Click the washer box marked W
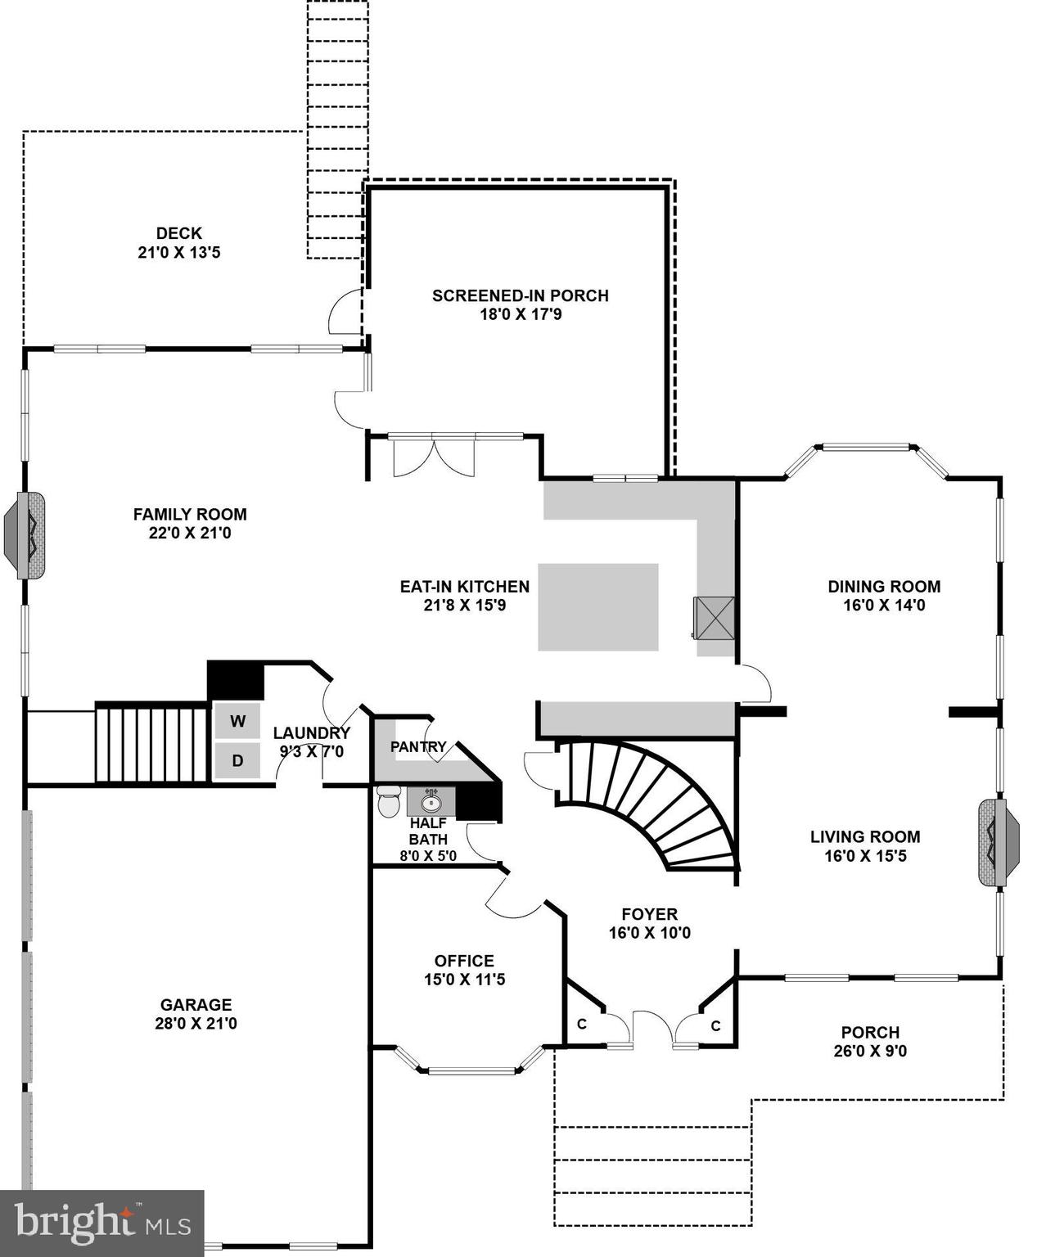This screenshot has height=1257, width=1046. pyautogui.click(x=237, y=721)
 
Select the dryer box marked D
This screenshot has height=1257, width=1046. pyautogui.click(x=237, y=760)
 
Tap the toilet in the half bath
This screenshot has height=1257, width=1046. pyautogui.click(x=389, y=801)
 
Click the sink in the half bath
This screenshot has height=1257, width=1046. pyautogui.click(x=431, y=801)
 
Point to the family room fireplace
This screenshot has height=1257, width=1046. pyautogui.click(x=25, y=536)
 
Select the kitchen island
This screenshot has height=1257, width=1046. pyautogui.click(x=597, y=606)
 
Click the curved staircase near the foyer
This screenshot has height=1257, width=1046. pyautogui.click(x=655, y=802)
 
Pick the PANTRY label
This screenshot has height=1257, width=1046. pyautogui.click(x=418, y=746)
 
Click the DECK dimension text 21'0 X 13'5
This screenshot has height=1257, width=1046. pyautogui.click(x=178, y=253)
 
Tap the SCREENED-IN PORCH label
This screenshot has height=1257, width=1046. pyautogui.click(x=520, y=295)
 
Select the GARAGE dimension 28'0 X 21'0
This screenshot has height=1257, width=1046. pyautogui.click(x=196, y=1023)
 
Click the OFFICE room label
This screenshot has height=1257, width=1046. pyautogui.click(x=464, y=961)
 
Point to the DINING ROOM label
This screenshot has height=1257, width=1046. pyautogui.click(x=884, y=586)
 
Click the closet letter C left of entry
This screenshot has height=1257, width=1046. pyautogui.click(x=582, y=1024)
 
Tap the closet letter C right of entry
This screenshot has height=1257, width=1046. pyautogui.click(x=715, y=1025)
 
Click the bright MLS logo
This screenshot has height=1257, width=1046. pyautogui.click(x=101, y=1223)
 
